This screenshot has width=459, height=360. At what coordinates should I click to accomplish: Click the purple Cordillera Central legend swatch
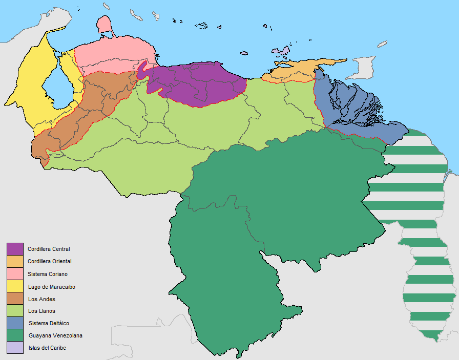click(x=15, y=249)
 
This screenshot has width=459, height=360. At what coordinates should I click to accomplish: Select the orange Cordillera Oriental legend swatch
click(x=15, y=261)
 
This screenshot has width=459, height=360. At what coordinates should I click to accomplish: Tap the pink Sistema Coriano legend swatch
click(x=15, y=274)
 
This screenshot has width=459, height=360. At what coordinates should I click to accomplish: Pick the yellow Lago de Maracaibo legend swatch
click(x=15, y=286)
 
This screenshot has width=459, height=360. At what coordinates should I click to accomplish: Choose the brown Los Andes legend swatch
click(x=15, y=299)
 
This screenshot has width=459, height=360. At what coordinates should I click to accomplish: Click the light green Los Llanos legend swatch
click(x=15, y=311)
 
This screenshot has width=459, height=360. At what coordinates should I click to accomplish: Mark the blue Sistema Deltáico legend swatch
click(x=15, y=323)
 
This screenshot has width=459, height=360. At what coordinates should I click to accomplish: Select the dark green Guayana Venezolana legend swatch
click(x=15, y=335)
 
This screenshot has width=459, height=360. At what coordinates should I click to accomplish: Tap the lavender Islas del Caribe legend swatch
click(x=15, y=348)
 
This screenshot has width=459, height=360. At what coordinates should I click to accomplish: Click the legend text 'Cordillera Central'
click(x=49, y=249)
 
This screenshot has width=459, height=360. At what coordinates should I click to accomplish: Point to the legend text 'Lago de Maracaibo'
click(x=51, y=287)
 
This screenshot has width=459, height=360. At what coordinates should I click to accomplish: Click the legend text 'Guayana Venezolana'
click(x=55, y=336)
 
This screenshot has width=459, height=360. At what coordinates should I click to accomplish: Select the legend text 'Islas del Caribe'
click(x=47, y=348)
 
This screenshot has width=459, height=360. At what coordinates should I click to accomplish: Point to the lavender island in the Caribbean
click(x=280, y=52)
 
